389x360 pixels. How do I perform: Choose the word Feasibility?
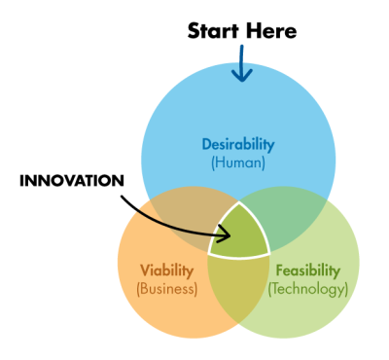308,270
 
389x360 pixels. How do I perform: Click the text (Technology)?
308,288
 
